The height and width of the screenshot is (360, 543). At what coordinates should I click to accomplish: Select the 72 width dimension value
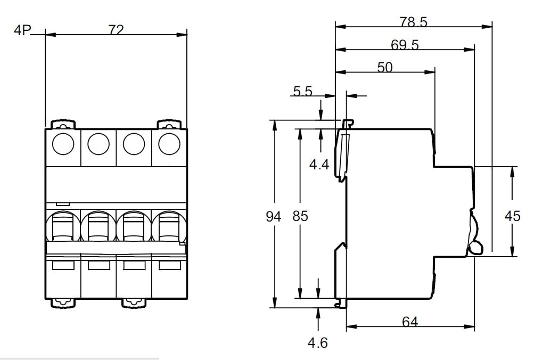(116, 30)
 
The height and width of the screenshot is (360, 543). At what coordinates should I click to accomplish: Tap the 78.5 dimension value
(413, 22)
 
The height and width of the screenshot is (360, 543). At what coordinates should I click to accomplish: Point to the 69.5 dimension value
(405, 45)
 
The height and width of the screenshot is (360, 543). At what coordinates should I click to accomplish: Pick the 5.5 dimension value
(302, 92)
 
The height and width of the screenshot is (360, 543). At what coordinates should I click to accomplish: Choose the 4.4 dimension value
(319, 165)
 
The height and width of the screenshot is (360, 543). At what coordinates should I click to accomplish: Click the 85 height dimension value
(300, 216)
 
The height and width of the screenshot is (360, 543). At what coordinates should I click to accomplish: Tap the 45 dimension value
(512, 216)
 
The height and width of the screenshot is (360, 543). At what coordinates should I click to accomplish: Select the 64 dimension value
(410, 322)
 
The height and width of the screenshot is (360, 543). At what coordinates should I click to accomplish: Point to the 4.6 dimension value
(318, 342)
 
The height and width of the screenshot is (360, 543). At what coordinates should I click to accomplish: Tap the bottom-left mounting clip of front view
(63, 302)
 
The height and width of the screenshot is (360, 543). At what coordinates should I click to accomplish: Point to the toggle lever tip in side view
(475, 247)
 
